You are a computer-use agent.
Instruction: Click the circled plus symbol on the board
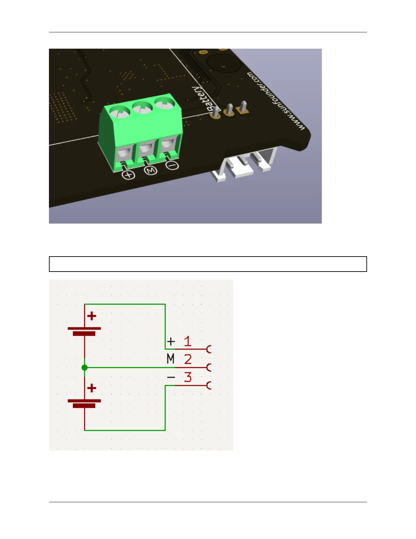pyautogui.click(x=128, y=175)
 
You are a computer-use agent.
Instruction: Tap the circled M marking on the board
pyautogui.click(x=151, y=170)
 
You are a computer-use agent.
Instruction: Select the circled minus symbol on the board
pyautogui.click(x=173, y=165)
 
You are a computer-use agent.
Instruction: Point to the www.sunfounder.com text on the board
pyautogui.click(x=276, y=101)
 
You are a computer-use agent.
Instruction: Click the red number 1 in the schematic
pyautogui.click(x=188, y=341)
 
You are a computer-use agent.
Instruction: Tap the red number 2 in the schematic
pyautogui.click(x=188, y=359)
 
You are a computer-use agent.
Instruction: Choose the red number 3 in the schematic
pyautogui.click(x=188, y=377)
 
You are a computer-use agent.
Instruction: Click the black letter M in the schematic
pyautogui.click(x=171, y=359)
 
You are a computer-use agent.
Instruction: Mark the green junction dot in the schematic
pyautogui.click(x=85, y=367)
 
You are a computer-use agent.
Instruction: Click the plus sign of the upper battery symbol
pyautogui.click(x=92, y=316)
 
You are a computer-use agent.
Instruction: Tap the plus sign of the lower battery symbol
pyautogui.click(x=92, y=388)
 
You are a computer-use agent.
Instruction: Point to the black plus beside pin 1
pyautogui.click(x=171, y=341)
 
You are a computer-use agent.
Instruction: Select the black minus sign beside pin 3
pyautogui.click(x=171, y=377)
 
